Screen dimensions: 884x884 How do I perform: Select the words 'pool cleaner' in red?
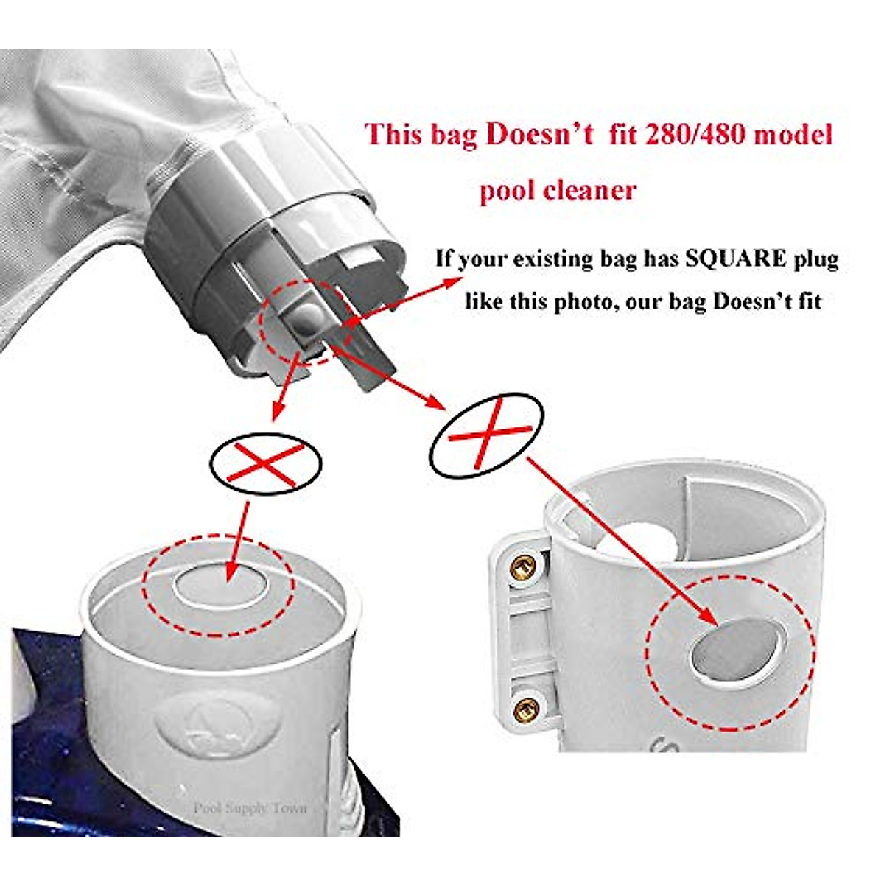[558, 191]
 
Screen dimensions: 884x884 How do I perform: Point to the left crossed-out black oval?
[265, 463]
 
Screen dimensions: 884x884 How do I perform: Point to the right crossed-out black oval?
[486, 435]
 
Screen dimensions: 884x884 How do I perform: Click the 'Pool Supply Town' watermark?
[250, 808]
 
